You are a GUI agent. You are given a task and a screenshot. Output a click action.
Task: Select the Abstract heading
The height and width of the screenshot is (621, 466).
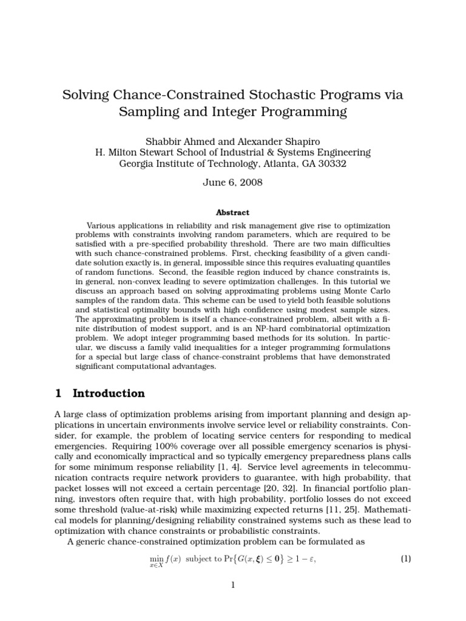[x=233, y=212]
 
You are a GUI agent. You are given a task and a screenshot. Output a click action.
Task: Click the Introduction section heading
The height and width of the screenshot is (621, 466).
[x=109, y=393]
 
